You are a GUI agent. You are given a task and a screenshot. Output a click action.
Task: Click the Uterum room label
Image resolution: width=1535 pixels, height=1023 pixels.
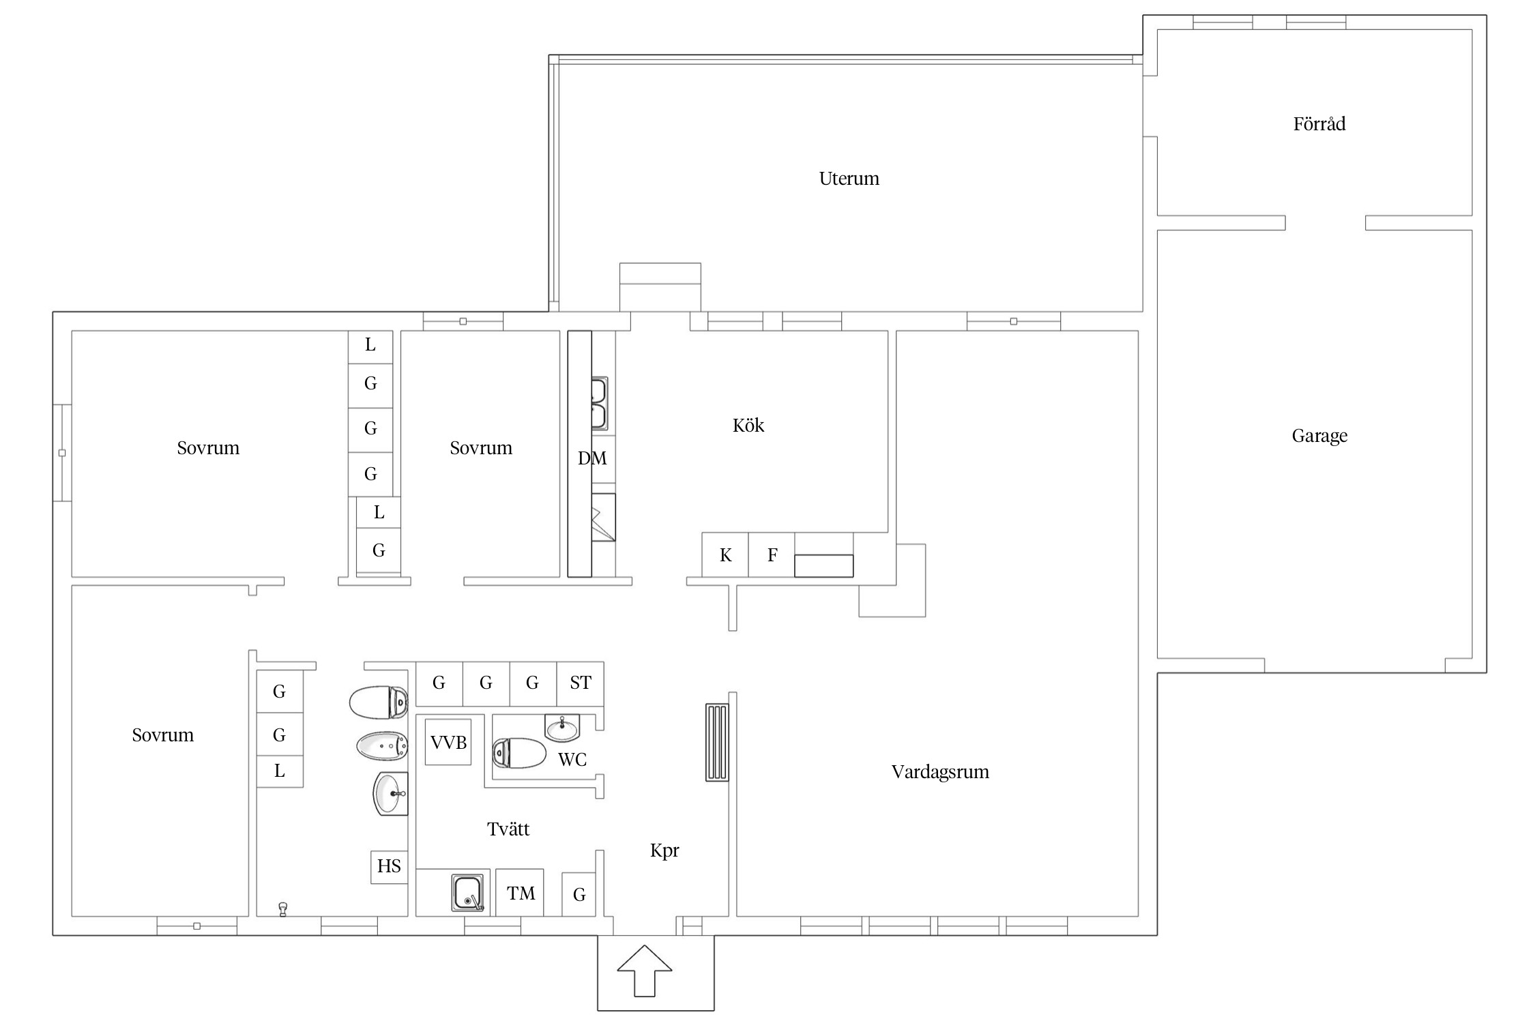click(x=849, y=179)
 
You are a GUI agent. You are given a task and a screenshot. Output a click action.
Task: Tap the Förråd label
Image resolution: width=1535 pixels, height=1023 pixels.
click(x=1319, y=123)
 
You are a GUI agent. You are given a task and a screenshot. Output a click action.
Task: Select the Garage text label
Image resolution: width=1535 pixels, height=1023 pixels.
click(x=1319, y=436)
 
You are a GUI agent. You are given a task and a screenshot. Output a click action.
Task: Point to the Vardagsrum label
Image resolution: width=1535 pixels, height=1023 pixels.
click(x=940, y=772)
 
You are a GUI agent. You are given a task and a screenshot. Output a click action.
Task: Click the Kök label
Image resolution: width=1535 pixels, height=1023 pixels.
click(x=748, y=425)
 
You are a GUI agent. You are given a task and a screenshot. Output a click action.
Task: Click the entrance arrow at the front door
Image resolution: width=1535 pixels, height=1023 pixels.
click(x=645, y=970)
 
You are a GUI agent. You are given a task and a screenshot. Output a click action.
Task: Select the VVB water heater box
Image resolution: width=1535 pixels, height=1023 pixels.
click(x=448, y=742)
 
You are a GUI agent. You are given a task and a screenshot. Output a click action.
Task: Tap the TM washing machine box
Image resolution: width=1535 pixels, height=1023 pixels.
click(x=520, y=893)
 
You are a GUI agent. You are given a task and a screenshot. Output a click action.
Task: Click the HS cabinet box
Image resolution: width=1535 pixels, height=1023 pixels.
click(x=389, y=867)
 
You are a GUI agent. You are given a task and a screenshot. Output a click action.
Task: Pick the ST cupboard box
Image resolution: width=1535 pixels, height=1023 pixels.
click(x=581, y=683)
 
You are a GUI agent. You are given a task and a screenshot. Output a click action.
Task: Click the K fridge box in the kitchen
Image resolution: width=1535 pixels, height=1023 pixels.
click(x=725, y=555)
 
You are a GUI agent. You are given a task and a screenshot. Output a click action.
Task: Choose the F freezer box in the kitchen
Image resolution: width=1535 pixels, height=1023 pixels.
click(x=772, y=555)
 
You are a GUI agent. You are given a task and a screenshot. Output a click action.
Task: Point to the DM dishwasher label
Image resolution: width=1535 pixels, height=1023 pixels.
click(x=592, y=458)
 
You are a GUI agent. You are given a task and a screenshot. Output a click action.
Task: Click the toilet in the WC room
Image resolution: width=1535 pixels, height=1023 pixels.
click(x=519, y=753)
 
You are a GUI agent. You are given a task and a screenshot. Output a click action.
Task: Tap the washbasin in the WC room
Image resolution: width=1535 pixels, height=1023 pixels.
click(x=562, y=728)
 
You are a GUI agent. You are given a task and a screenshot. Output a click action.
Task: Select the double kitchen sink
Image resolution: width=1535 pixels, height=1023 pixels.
click(x=598, y=404)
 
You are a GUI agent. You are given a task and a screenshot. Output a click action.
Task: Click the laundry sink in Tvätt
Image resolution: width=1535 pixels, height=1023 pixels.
click(x=467, y=893)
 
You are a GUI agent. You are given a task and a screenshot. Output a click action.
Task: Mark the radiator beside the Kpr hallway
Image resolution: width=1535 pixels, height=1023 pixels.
click(x=717, y=742)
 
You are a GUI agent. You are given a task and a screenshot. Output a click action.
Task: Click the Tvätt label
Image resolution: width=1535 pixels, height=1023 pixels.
click(x=508, y=829)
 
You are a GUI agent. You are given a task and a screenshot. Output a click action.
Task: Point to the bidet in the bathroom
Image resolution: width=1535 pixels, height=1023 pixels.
click(x=382, y=746)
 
